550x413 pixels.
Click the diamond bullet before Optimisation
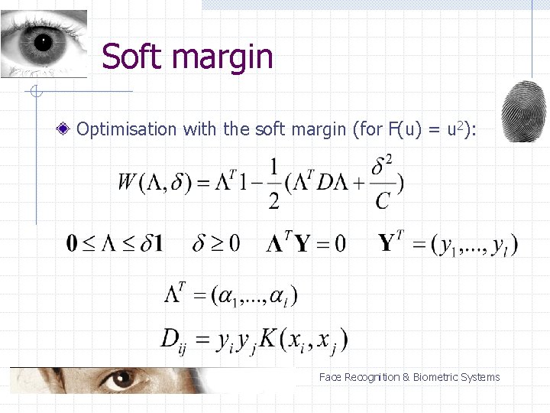coord(67,128)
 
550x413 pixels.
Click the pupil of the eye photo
coord(42,40)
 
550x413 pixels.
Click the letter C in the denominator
coord(383,200)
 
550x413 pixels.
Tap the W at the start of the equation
coord(128,183)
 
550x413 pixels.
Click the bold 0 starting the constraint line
coord(72,245)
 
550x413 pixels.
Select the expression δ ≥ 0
coord(216,244)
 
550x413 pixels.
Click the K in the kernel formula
coord(268,337)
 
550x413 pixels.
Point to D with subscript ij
coord(173,340)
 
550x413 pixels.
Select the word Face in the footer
coord(330,377)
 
